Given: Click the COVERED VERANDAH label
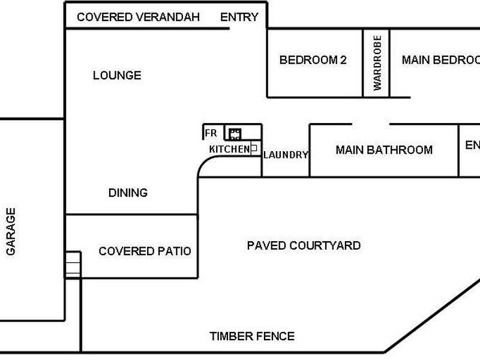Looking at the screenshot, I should (138, 17).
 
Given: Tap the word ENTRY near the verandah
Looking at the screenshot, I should (239, 17).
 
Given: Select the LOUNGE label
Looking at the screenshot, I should (117, 75).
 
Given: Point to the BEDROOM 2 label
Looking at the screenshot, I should (313, 60).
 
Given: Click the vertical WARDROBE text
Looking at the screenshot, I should (377, 62).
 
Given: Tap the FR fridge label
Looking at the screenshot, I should (211, 133).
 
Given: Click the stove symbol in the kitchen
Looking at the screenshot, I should (235, 133).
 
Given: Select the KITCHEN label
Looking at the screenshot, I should (229, 149).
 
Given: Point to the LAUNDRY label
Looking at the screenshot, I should (286, 155).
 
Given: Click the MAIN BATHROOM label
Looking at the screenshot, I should (384, 149).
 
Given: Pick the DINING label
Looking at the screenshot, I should (128, 193).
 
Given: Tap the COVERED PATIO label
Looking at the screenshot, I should (145, 251).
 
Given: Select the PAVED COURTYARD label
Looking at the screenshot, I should (304, 245).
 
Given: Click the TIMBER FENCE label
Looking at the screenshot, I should (252, 336).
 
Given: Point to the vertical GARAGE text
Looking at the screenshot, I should (11, 232).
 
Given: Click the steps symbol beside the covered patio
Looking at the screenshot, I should (73, 264).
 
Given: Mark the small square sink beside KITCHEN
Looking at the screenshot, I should (254, 148).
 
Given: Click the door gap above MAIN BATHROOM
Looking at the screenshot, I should (371, 124).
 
